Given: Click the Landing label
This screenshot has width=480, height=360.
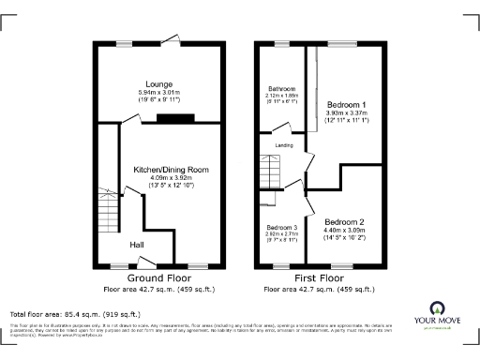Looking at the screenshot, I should pos(284,146).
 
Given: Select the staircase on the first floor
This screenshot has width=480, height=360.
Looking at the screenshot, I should pos(270,172).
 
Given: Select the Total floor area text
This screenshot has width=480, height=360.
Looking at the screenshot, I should pos(75,313).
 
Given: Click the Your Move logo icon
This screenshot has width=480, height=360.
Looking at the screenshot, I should pos(437,308).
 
